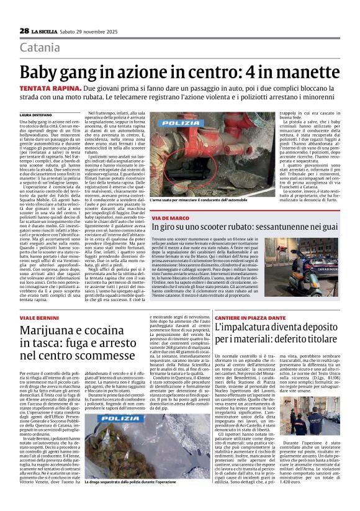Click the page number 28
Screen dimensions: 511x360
pos(24,31)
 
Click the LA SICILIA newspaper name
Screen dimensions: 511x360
pos(45,31)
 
